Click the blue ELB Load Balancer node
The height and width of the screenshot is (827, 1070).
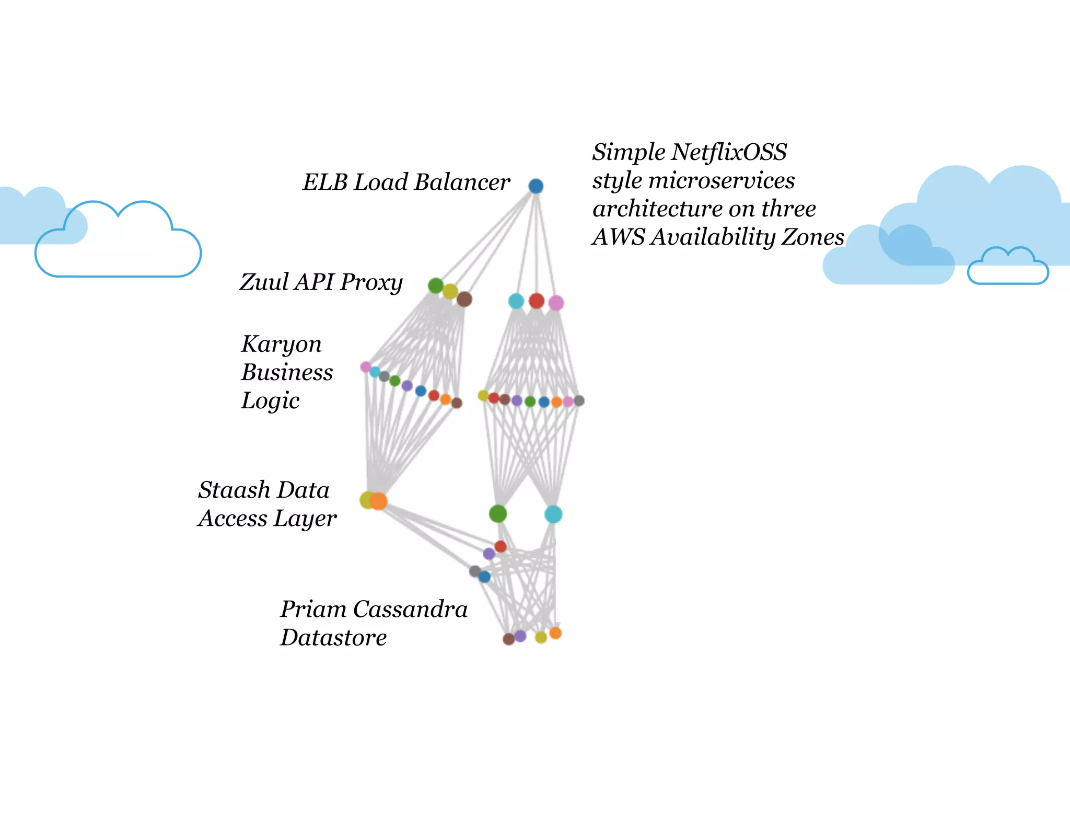(536, 186)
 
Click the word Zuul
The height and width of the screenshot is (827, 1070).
(264, 282)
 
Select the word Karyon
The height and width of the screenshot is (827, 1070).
(281, 344)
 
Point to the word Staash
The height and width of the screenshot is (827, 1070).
(234, 490)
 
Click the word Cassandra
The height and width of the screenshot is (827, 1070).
(410, 610)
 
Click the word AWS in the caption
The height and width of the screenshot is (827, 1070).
(619, 237)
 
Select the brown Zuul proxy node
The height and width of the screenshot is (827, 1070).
(464, 299)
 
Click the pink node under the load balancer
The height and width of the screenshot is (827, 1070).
(556, 303)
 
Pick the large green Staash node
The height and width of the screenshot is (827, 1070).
(498, 514)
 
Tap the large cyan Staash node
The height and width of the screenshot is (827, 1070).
(553, 514)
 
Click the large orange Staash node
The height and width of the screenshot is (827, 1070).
(378, 501)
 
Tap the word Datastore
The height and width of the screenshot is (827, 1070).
(333, 638)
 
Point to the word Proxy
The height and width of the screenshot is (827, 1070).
(371, 283)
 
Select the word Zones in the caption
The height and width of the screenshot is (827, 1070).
(812, 237)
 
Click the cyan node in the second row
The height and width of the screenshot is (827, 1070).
(516, 301)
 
